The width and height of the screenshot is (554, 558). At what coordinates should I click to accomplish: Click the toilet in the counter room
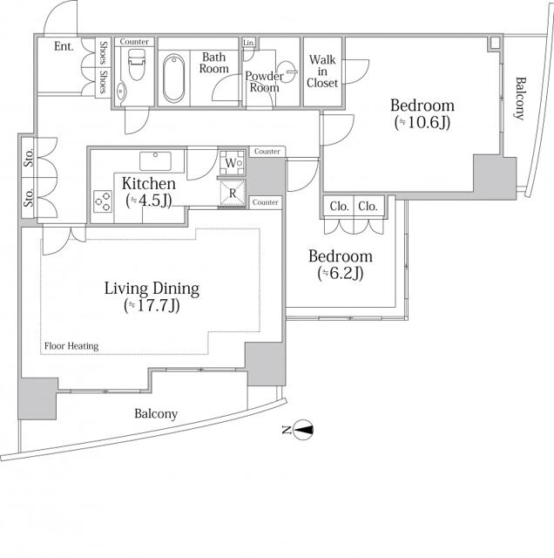[x=136, y=64]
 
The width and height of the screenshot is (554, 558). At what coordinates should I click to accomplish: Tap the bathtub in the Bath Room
[x=173, y=78]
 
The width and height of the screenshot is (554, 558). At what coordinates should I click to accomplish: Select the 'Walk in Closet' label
[x=322, y=71]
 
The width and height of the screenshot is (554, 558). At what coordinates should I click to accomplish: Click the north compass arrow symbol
[x=303, y=430]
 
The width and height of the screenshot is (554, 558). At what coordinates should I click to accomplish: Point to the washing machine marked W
[x=232, y=163]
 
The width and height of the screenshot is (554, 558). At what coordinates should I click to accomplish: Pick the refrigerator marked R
[x=233, y=194]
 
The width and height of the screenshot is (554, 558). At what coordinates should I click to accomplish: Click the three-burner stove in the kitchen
[x=103, y=201]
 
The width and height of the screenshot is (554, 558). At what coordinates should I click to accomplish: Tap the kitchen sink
[x=155, y=160]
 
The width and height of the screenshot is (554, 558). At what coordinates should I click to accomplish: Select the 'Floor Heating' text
[x=71, y=346]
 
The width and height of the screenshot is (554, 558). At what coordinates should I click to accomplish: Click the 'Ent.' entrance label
[x=64, y=46]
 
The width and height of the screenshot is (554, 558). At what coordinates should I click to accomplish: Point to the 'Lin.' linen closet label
[x=249, y=43]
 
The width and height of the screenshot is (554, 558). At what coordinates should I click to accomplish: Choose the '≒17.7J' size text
[x=152, y=306]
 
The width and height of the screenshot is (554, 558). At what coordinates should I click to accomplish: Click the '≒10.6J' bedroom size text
[x=422, y=122]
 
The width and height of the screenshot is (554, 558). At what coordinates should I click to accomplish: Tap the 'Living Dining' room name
[x=152, y=289]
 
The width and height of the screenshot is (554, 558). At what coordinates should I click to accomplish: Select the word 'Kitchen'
[x=149, y=184]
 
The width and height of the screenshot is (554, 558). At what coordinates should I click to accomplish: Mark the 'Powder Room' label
[x=264, y=82]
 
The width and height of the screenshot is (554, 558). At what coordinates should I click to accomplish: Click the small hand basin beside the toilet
[x=122, y=91]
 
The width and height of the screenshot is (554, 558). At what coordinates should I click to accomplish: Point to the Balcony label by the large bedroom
[x=520, y=99]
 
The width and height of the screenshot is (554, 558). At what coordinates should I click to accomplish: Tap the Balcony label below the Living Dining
[x=156, y=414]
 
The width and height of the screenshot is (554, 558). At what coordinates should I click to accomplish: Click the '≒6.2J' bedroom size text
[x=341, y=273]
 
